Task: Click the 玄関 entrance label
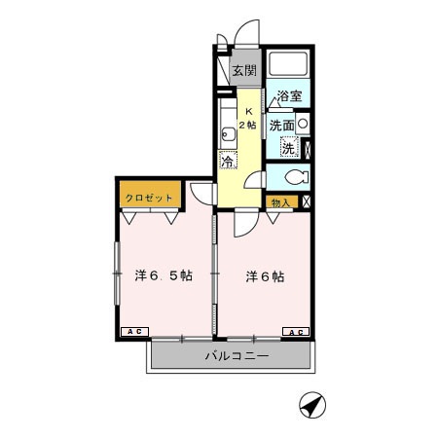click(x=244, y=70)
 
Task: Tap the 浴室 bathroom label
click(x=289, y=96)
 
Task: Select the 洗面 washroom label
click(x=281, y=125)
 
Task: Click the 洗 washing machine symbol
click(x=289, y=148)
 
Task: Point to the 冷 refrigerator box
click(x=227, y=162)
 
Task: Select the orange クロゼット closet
click(x=149, y=198)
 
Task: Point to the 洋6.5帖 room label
click(x=163, y=276)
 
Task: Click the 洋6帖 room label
click(x=265, y=276)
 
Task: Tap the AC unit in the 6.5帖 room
click(x=133, y=332)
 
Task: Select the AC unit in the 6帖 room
click(x=296, y=332)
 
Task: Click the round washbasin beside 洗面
click(x=304, y=125)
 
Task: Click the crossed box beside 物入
click(x=308, y=201)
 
